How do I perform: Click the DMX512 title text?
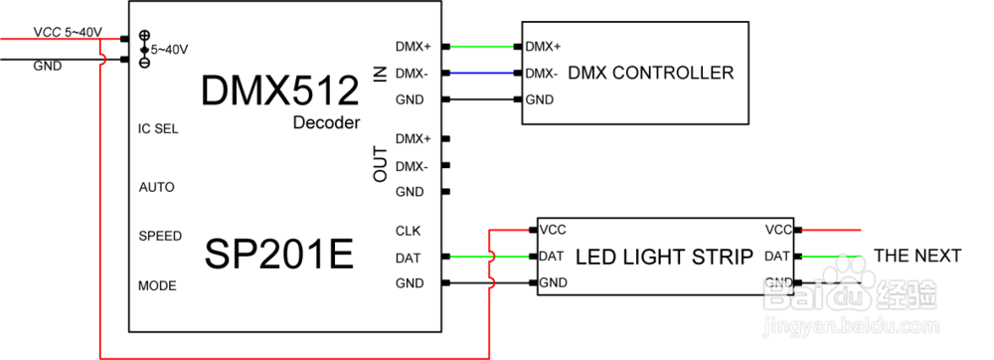click(278, 91)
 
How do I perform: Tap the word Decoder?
click(325, 123)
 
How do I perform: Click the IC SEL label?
click(158, 129)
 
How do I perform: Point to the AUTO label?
click(157, 187)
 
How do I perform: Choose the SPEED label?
click(160, 236)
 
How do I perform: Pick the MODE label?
click(157, 285)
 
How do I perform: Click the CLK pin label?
click(408, 231)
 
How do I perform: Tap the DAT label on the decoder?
click(408, 257)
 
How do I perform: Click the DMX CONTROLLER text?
click(658, 73)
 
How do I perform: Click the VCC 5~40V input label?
click(67, 32)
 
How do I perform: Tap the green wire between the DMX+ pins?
click(483, 46)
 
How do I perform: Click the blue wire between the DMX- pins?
click(483, 73)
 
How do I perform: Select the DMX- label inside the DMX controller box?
click(541, 73)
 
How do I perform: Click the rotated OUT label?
click(380, 165)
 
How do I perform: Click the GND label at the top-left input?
click(48, 67)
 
